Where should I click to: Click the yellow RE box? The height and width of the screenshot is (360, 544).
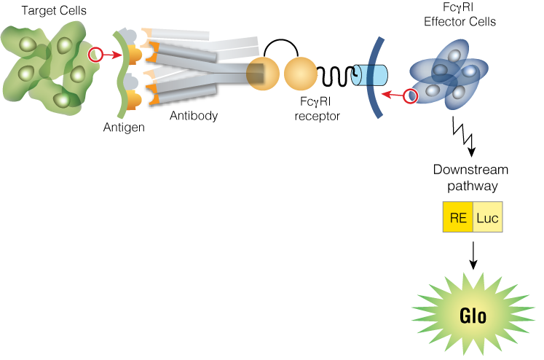(457, 217)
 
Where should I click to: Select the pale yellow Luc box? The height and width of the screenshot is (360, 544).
(487, 217)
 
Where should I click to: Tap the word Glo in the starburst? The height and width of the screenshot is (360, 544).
(473, 316)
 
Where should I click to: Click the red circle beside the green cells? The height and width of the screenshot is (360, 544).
(95, 54)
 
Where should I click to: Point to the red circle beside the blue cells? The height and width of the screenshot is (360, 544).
(411, 95)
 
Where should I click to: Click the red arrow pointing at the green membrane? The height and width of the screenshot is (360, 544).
(112, 55)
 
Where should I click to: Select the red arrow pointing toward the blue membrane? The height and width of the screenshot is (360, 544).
(393, 95)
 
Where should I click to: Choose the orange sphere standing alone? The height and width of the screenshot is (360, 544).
(300, 74)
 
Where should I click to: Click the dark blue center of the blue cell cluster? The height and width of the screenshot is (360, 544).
(444, 73)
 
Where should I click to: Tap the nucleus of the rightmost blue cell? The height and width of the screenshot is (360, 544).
(470, 71)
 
